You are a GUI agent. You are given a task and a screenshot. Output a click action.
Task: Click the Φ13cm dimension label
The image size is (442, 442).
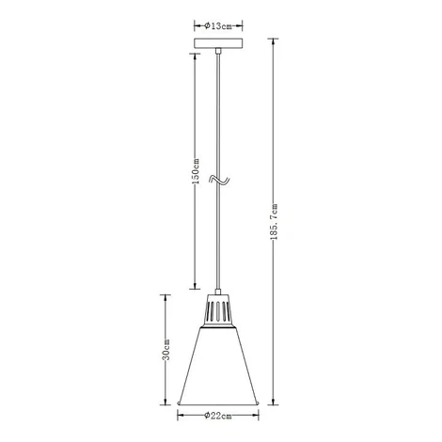tap(218, 26)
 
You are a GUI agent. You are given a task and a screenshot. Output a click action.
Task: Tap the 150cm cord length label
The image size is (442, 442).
tap(196, 171)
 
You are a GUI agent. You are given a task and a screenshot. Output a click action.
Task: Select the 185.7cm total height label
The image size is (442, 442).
tap(274, 222)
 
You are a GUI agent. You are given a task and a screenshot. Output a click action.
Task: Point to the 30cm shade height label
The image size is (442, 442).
tap(166, 350)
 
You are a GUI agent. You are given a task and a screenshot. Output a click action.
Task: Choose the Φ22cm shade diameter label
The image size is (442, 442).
tap(218, 416)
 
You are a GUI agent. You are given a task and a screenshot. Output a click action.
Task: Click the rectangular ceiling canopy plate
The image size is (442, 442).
tap(218, 43)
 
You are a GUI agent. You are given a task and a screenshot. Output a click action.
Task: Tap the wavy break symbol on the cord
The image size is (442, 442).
tap(219, 180)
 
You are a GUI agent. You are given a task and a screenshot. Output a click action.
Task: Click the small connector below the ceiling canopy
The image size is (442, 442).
tap(218, 51)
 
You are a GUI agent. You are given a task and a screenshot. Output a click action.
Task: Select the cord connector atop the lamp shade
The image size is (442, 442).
tap(218, 292)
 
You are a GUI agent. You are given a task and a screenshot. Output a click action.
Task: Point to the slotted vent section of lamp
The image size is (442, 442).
tap(218, 310)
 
